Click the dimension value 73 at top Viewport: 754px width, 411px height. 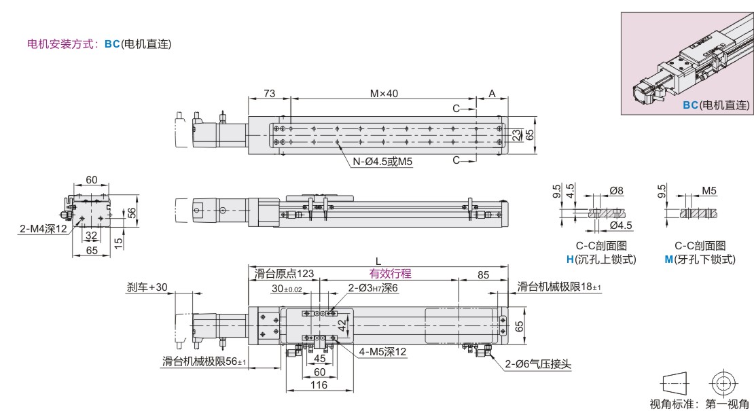tap(269, 93)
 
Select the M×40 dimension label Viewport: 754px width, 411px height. tap(384, 93)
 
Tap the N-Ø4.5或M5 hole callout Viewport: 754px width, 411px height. tap(382, 162)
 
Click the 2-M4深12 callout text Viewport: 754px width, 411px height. tap(43, 229)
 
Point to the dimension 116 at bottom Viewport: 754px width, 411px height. tap(319, 385)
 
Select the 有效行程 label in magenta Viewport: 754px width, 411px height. tap(390, 274)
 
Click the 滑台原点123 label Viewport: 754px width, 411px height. tap(284, 274)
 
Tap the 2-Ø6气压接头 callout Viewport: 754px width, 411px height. tap(538, 364)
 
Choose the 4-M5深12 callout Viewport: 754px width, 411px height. tap(382, 352)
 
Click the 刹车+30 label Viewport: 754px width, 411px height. tap(147, 287)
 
